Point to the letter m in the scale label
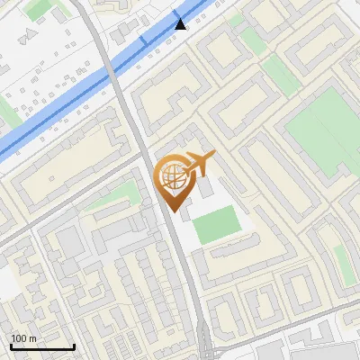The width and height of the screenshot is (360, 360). point(32,338)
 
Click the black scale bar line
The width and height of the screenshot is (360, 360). point(42,346)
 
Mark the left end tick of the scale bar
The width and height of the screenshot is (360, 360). point(12,345)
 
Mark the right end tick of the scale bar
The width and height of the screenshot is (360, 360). point(74,345)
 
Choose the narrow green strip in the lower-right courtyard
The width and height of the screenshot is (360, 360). point(342,261)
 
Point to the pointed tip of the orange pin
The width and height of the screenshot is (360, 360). point(174,211)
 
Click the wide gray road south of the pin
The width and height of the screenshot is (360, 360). point(184,270)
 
